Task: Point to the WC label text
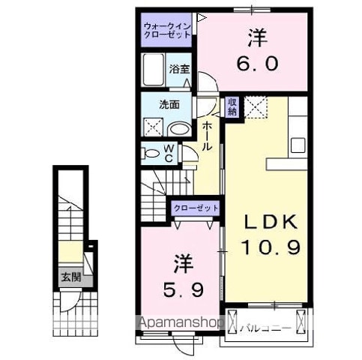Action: (x=169, y=154)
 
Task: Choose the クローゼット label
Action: (x=196, y=207)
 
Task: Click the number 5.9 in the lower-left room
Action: (x=184, y=287)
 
